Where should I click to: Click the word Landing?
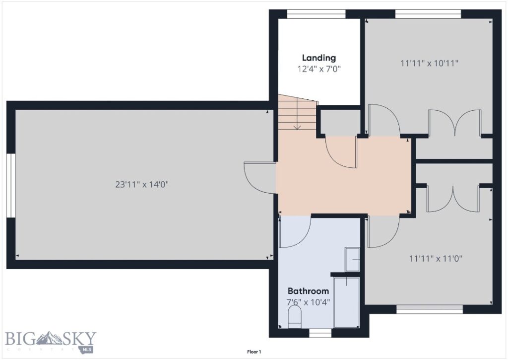pos(319,58)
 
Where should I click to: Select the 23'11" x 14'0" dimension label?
pos(142,184)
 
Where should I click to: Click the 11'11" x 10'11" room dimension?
pos(429,63)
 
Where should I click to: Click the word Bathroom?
pos(308,291)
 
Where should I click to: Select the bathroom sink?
pos(352,259)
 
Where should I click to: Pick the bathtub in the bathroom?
pos(347,302)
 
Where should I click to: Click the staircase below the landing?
pos(297,113)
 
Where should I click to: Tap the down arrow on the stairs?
pos(297,126)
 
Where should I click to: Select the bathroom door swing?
pos(295,231)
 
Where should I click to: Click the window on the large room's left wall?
pos(11,186)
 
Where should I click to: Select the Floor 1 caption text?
pos(254,352)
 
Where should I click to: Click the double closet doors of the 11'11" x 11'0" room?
pos(452,199)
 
